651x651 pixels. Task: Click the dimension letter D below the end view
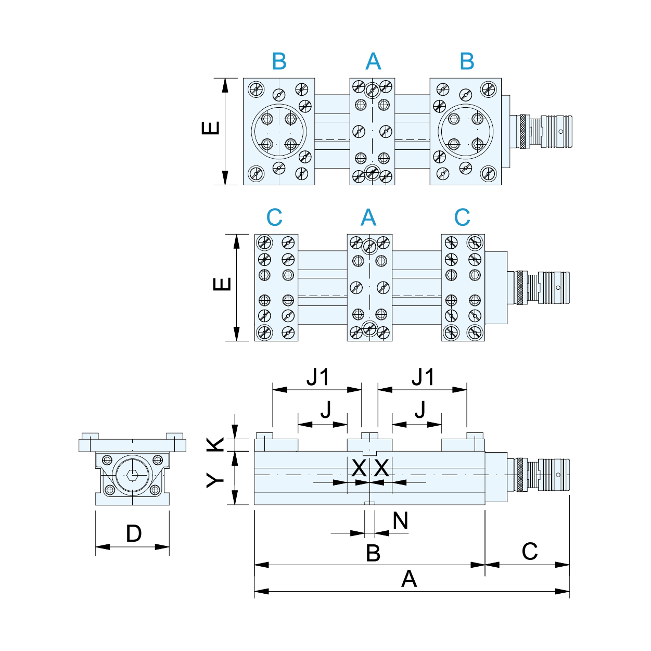point(134,533)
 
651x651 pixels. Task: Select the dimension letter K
point(215,444)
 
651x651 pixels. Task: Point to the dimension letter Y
point(215,480)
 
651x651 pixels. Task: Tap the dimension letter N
point(400,520)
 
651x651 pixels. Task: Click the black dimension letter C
point(529,552)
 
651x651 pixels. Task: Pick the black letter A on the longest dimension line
point(409,579)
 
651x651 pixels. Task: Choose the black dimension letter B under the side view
point(373,553)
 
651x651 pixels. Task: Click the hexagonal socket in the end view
point(132,475)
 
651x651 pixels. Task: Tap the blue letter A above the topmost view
point(373,62)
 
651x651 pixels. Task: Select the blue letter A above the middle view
point(368,218)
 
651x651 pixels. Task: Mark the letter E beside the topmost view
point(211,128)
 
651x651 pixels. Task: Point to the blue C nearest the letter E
point(274,218)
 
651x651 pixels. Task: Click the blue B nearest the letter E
point(279,61)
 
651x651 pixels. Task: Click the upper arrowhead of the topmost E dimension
point(225,84)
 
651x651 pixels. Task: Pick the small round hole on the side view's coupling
point(558,475)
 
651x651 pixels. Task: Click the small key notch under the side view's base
point(369,503)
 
